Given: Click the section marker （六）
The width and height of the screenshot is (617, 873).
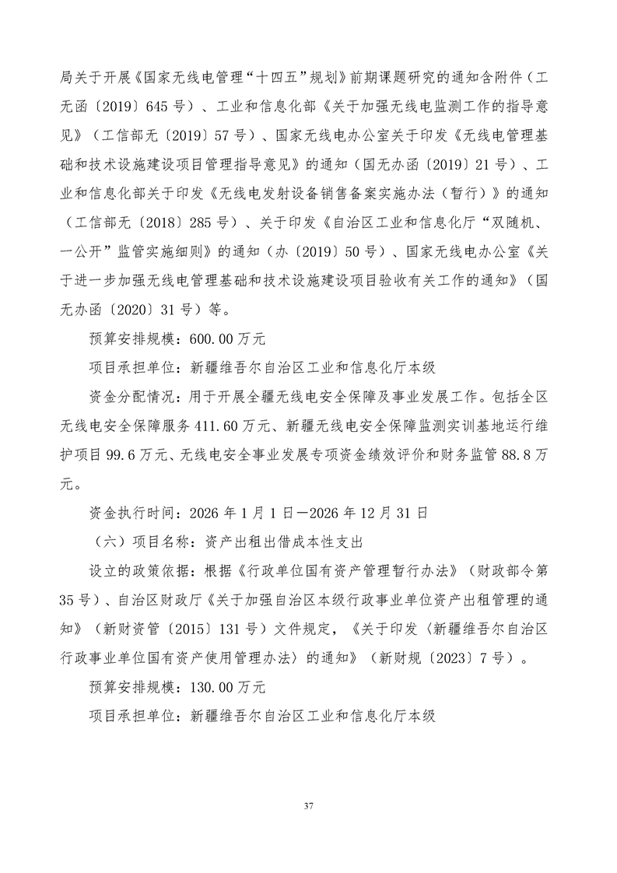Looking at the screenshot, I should [107, 542].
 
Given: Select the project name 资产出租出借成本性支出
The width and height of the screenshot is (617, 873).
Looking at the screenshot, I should [283, 542].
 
